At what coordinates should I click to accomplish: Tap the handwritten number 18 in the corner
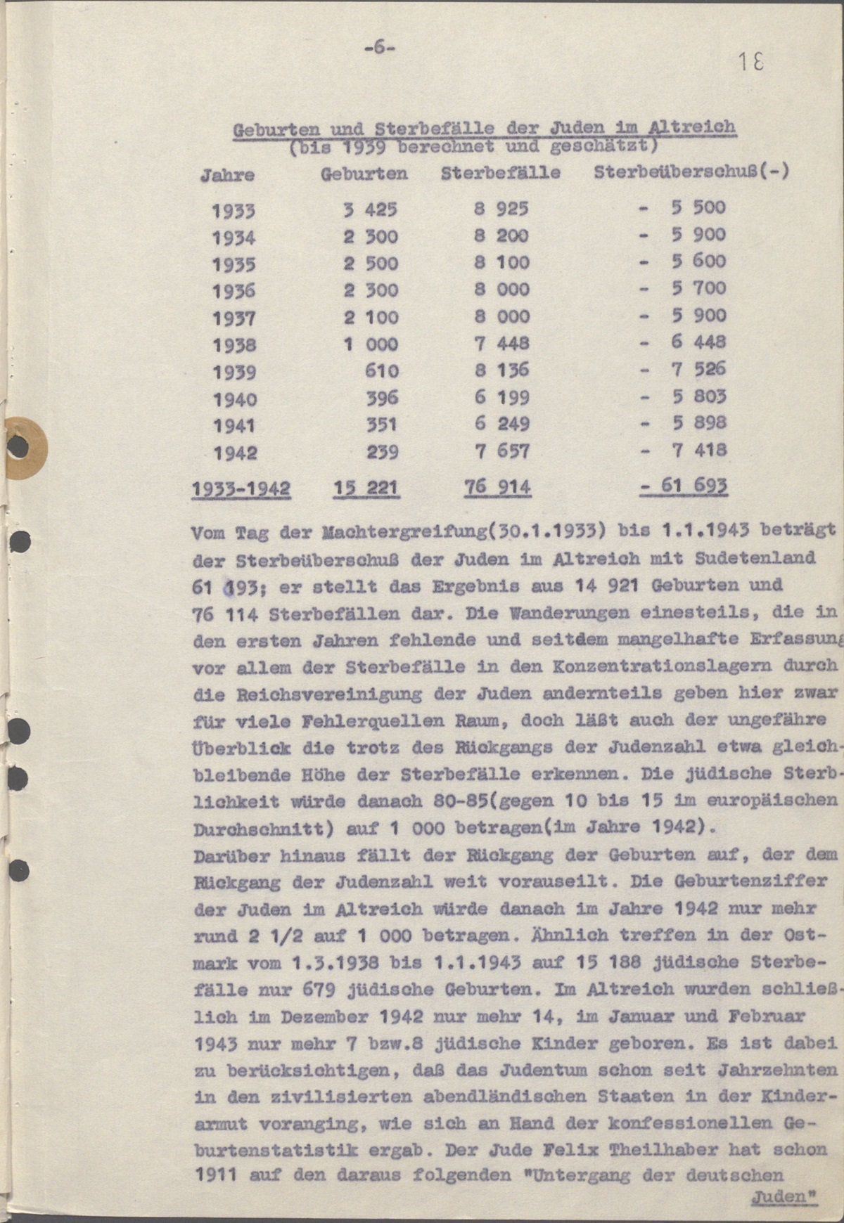pos(750,63)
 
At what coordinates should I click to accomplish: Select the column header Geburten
pos(364,174)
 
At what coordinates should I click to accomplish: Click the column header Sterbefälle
pos(500,172)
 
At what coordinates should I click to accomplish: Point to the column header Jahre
pos(227,175)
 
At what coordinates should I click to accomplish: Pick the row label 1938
pos(234,345)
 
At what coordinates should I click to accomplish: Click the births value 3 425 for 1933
pos(370,209)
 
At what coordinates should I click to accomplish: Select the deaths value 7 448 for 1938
pos(501,344)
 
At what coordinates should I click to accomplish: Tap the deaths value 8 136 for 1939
pos(501,370)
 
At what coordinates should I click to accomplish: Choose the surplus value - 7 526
pos(682,369)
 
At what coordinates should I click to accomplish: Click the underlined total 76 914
pos(497,487)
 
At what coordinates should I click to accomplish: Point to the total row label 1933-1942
pos(241,488)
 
